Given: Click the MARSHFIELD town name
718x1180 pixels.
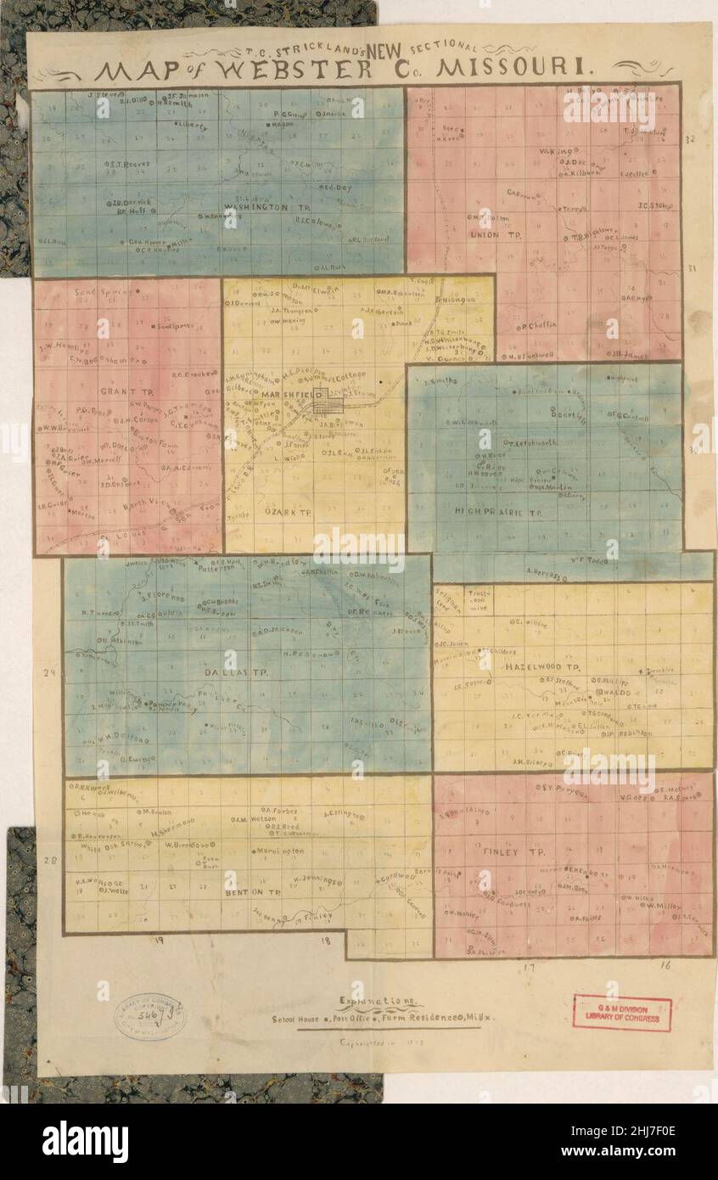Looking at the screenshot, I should [x=285, y=396].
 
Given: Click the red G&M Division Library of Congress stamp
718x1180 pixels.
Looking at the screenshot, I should [x=621, y=1013].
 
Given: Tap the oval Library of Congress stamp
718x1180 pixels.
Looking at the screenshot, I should [x=150, y=1016].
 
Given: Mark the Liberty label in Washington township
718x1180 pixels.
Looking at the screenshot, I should [x=194, y=124].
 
